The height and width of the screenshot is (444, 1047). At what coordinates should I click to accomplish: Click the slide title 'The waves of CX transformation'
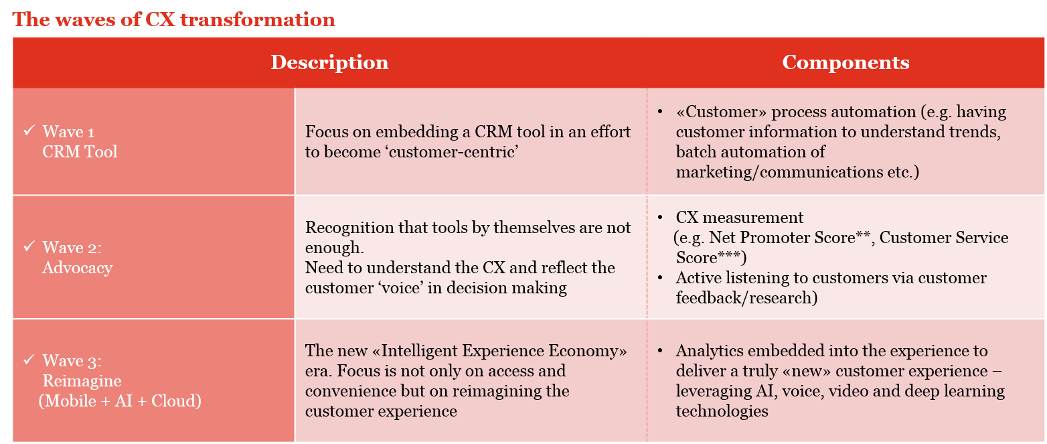(173, 19)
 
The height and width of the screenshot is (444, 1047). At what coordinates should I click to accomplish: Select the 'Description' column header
(329, 63)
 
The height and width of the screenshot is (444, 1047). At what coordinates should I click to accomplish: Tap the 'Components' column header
(845, 63)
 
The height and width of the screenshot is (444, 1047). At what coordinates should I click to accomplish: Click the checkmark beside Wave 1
(29, 131)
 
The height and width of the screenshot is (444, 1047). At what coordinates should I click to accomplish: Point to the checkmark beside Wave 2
(29, 246)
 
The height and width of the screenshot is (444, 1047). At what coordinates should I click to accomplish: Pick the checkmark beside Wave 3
(29, 360)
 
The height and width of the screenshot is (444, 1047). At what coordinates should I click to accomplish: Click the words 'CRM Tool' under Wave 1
(80, 152)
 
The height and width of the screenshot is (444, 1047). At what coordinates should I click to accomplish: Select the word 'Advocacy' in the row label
(78, 268)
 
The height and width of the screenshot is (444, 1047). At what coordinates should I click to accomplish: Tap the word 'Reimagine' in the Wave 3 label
(82, 381)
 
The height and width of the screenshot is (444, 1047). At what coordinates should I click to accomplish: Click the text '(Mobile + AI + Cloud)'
(120, 401)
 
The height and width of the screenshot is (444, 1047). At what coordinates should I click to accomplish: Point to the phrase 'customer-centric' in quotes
(453, 152)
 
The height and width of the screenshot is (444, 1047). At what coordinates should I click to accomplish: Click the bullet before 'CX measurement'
(660, 218)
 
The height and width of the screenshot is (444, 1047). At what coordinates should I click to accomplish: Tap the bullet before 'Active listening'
(660, 278)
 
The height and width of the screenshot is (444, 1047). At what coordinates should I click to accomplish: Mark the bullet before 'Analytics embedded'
(660, 350)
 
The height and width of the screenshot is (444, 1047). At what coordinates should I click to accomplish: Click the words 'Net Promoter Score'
(782, 238)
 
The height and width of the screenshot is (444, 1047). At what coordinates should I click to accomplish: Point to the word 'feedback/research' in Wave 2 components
(744, 298)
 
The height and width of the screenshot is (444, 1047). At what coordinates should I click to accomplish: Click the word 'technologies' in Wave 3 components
(722, 411)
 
